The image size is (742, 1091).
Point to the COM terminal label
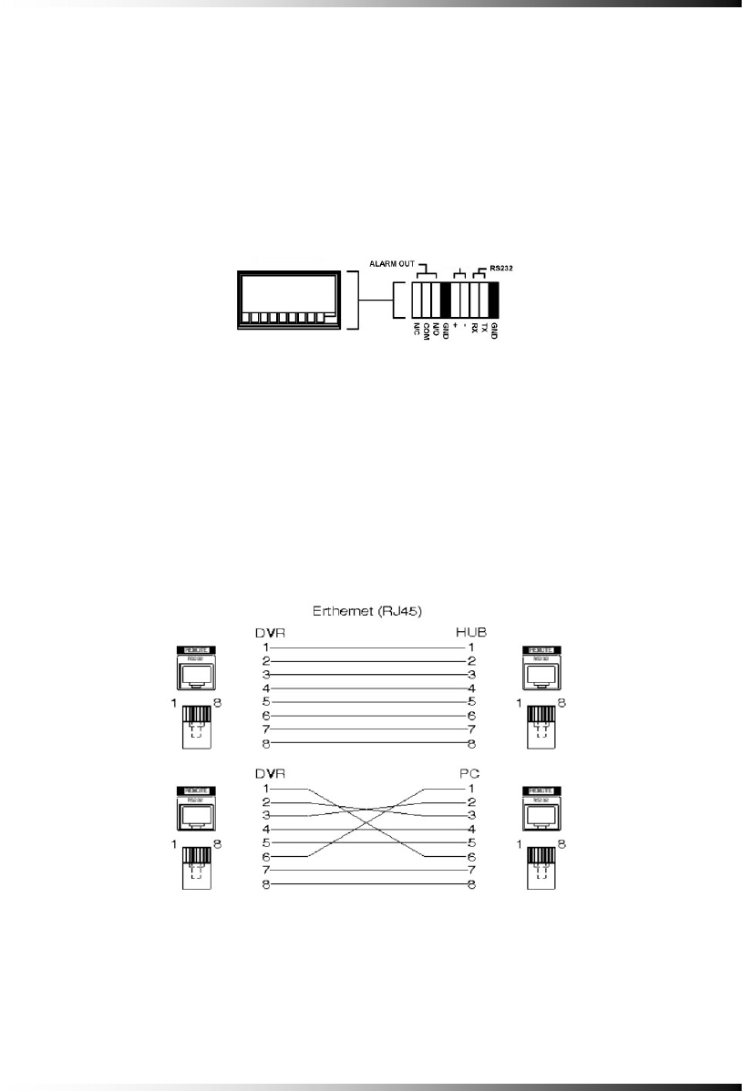click(426, 330)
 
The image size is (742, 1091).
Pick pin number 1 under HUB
click(471, 646)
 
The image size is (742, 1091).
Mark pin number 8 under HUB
click(471, 745)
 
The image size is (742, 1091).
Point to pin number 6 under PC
click(471, 857)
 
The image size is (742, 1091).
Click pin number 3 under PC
click(471, 815)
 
